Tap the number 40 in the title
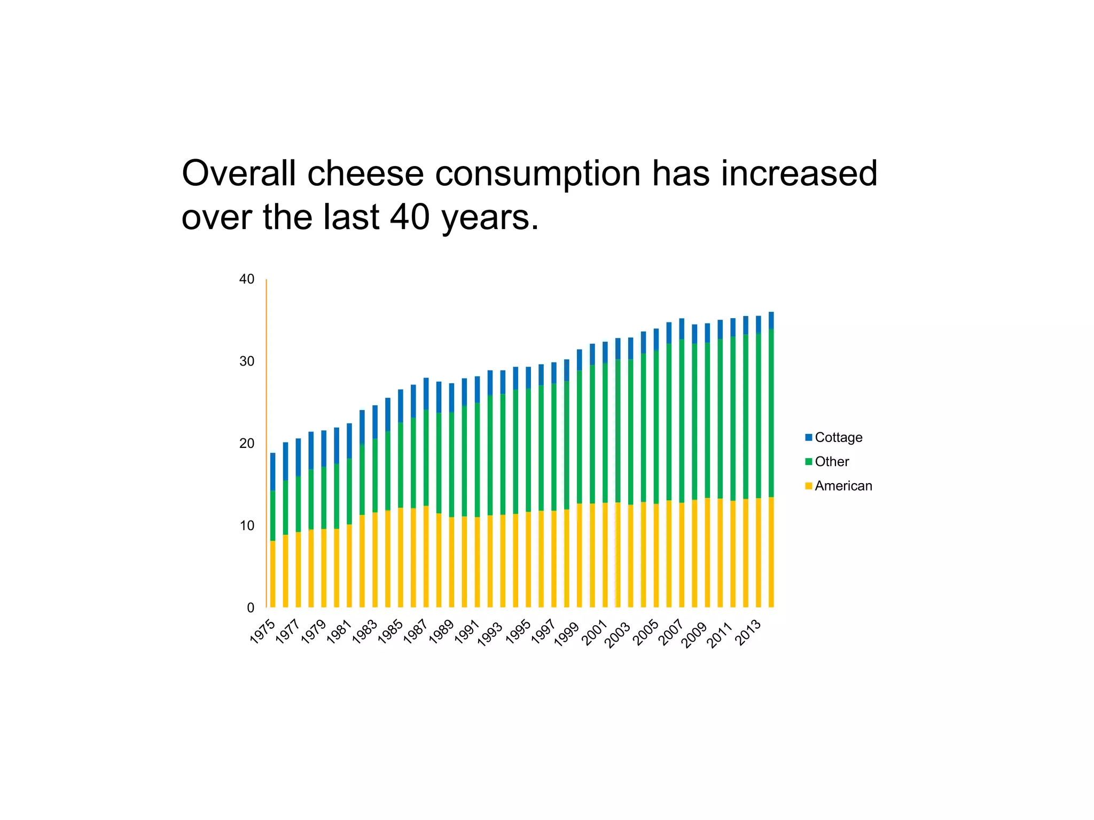pos(410,217)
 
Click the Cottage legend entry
pos(838,437)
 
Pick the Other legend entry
pos(832,462)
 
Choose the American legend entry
pos(843,486)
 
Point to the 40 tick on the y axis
pos(247,279)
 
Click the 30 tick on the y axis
pos(247,361)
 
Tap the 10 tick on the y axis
pos(247,526)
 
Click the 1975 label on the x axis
pos(263,632)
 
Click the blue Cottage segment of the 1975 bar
pos(272,471)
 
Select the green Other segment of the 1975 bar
pos(272,515)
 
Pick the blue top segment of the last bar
pos(771,320)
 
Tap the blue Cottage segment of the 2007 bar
pos(682,328)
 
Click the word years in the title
pos(490,218)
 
